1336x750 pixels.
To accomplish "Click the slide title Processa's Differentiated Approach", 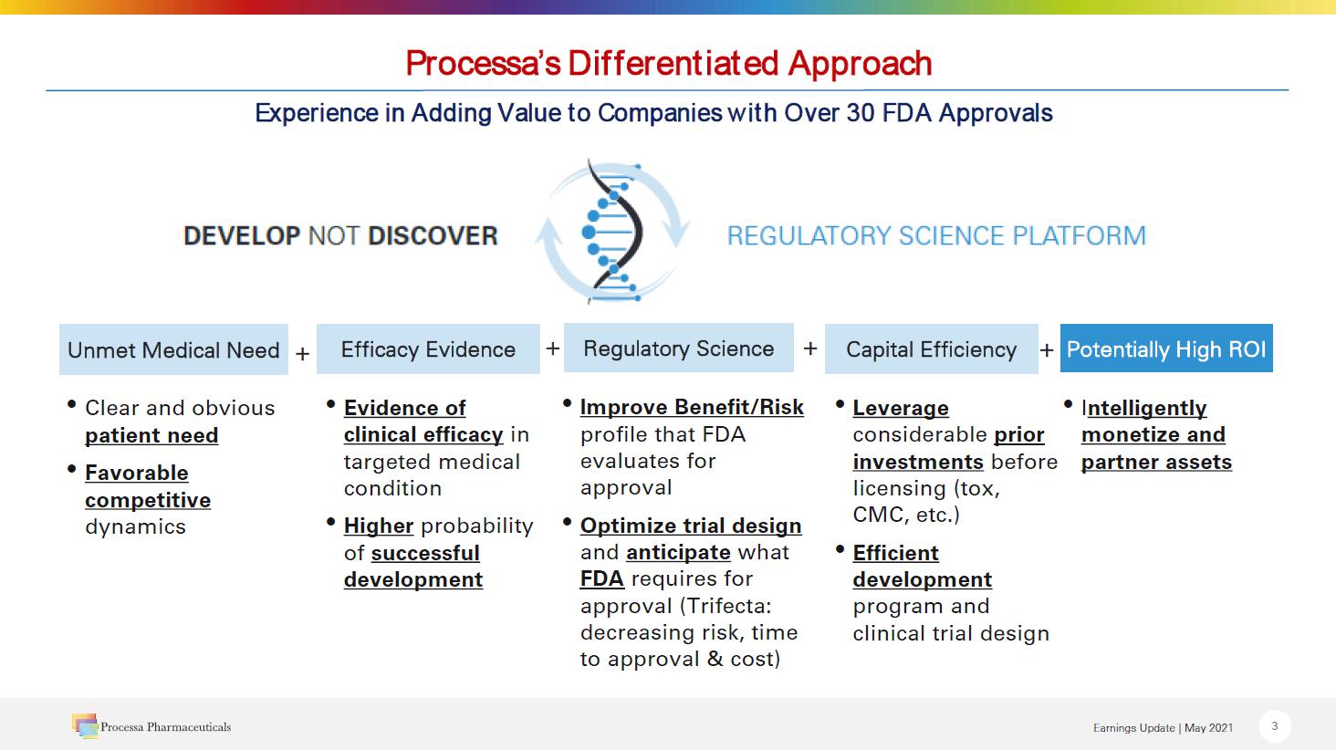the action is (x=669, y=63).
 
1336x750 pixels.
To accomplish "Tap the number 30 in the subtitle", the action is (x=860, y=112).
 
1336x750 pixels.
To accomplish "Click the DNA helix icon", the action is (x=612, y=232).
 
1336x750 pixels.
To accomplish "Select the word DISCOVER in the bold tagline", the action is (x=433, y=235).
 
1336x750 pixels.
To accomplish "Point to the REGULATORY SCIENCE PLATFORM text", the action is (x=936, y=235).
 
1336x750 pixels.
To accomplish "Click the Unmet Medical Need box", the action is (x=173, y=349).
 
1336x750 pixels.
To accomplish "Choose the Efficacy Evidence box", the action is (x=428, y=349).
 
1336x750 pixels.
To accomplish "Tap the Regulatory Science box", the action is (x=679, y=348).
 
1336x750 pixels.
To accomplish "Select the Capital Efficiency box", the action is (x=932, y=349).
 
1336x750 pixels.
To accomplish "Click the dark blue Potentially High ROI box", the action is (x=1166, y=349).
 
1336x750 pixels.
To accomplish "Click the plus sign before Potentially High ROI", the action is (x=1047, y=349).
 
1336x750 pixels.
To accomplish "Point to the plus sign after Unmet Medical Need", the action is (x=302, y=353).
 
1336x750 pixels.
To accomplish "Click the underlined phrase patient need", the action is (x=151, y=436).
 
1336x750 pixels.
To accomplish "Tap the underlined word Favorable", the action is (x=137, y=473).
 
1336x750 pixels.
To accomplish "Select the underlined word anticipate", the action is (x=678, y=553).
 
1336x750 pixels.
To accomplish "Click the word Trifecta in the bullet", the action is (x=725, y=606).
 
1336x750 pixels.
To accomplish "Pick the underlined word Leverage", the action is (x=901, y=409).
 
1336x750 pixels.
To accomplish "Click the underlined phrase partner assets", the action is (x=1156, y=462).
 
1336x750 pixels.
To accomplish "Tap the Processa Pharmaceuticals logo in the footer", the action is (x=151, y=726).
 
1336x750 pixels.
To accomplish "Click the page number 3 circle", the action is (x=1275, y=726).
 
